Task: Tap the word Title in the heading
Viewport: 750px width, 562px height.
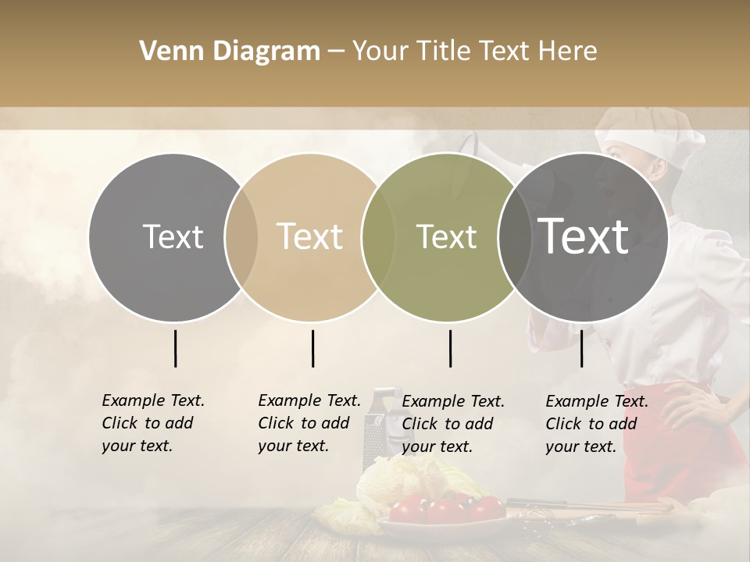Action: [444, 52]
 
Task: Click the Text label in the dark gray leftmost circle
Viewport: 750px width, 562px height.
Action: [173, 237]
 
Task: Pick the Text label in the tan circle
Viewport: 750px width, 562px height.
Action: [309, 237]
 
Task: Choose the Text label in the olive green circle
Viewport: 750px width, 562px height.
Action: [446, 237]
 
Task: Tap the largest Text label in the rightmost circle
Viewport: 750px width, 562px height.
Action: [583, 236]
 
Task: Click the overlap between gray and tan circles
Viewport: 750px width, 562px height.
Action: [241, 237]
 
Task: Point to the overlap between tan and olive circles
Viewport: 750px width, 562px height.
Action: [378, 237]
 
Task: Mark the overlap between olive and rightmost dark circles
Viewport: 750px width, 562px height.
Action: [514, 237]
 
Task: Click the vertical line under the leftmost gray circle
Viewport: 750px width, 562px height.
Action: [176, 348]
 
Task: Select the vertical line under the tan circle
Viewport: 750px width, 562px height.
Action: [312, 348]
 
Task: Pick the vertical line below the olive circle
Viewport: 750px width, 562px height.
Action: [450, 348]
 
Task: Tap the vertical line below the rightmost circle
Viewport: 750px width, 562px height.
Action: [582, 348]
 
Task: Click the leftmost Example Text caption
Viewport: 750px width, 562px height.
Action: [152, 423]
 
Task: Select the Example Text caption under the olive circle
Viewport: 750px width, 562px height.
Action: [452, 424]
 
